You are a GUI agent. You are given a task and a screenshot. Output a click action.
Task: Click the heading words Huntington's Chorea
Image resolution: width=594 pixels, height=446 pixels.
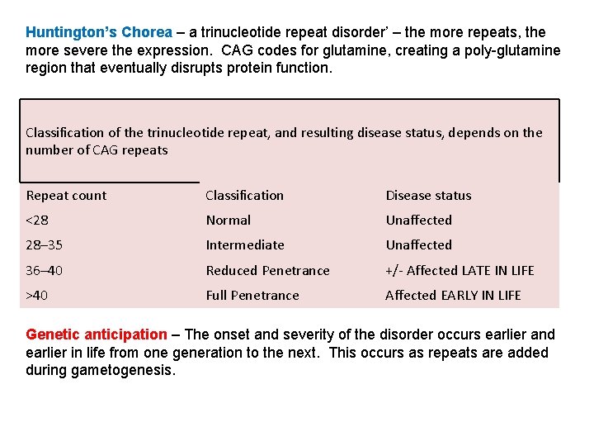click(x=99, y=33)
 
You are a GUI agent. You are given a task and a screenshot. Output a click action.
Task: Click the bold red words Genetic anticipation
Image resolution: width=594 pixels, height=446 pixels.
click(x=97, y=334)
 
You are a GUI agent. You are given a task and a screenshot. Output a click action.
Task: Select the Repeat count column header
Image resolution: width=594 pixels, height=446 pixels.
click(x=66, y=196)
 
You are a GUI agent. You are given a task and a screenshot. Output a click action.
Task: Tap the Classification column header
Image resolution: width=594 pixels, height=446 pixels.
click(x=244, y=196)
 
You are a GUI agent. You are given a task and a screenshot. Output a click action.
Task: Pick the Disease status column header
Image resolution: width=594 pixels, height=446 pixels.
click(x=428, y=196)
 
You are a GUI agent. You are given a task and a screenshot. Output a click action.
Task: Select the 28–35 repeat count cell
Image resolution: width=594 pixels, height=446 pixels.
click(x=45, y=245)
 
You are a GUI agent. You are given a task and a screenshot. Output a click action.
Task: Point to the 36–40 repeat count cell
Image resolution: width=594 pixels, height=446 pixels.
click(x=45, y=271)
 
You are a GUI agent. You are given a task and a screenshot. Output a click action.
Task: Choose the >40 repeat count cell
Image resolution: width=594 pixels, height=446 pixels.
click(x=38, y=296)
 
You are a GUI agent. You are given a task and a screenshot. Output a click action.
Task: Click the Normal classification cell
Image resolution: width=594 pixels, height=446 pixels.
click(x=228, y=221)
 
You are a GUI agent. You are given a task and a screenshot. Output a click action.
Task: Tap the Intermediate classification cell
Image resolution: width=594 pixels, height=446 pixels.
click(x=244, y=245)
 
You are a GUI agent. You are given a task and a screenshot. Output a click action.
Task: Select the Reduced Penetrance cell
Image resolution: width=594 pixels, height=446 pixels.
click(x=267, y=271)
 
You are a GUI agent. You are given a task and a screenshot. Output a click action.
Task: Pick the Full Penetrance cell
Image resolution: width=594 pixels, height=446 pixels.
click(x=252, y=296)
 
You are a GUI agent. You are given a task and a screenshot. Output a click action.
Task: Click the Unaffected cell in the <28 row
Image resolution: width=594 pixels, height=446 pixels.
click(x=418, y=221)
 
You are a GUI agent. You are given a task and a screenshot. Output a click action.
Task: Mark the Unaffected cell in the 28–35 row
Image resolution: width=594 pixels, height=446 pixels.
click(x=418, y=245)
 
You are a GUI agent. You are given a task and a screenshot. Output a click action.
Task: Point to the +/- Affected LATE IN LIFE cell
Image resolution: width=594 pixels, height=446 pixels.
click(x=460, y=271)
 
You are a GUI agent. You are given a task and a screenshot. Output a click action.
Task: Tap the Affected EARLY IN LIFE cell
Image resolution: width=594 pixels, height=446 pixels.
click(x=453, y=296)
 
